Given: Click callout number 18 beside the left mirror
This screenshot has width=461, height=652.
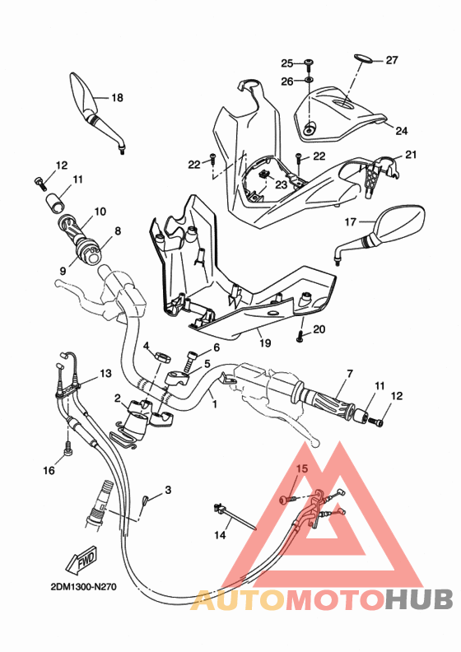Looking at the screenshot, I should click(116, 98).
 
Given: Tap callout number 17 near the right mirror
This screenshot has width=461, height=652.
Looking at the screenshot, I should click(349, 221).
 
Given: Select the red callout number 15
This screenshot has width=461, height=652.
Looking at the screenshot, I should click(301, 469).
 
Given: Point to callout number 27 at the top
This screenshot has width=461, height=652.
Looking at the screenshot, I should click(391, 60).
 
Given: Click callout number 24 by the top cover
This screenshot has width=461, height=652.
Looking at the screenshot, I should click(401, 131).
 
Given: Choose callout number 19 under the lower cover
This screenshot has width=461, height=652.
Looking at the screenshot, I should click(265, 342).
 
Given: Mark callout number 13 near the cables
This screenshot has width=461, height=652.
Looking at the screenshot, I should click(105, 373).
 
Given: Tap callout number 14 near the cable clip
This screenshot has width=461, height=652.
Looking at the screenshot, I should click(220, 535).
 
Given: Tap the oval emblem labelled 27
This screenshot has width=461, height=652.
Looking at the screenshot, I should click(364, 59).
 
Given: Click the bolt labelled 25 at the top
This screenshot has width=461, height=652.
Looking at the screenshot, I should click(309, 63).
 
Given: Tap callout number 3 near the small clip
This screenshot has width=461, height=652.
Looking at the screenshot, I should click(168, 490).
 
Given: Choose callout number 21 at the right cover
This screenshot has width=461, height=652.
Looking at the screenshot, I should click(411, 154).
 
